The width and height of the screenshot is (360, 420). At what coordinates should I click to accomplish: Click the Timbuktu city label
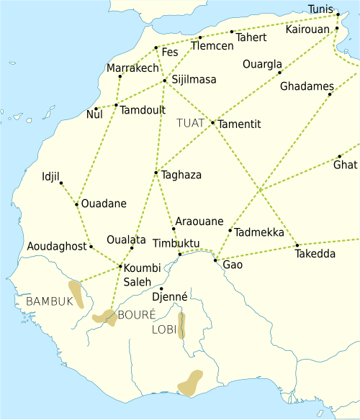point(176,243)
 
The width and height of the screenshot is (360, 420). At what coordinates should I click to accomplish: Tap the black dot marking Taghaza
point(156,173)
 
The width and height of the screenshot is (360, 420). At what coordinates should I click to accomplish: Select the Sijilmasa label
point(193,80)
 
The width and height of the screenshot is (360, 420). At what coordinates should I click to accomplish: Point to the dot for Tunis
point(338,14)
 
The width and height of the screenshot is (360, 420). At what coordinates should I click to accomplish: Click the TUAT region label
point(190,123)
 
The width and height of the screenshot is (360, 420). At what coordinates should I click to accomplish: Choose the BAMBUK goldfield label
point(50,301)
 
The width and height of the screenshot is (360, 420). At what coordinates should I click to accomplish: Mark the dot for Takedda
point(297,245)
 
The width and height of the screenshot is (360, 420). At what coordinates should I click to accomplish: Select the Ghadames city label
point(307,86)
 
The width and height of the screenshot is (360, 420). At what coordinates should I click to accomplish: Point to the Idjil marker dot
point(61,183)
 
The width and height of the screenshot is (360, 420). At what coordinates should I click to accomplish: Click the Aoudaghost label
point(56,247)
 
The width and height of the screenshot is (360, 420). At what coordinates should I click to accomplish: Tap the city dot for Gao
point(215,260)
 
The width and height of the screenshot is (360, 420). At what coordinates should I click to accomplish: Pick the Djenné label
point(169,296)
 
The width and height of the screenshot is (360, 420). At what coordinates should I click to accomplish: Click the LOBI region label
point(163,330)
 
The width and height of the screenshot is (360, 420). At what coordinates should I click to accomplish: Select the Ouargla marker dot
point(279,73)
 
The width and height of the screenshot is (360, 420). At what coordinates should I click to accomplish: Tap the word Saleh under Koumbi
point(138,282)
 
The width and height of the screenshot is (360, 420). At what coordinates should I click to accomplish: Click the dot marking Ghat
point(339,157)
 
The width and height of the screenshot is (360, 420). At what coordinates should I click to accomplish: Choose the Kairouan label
point(307,29)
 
